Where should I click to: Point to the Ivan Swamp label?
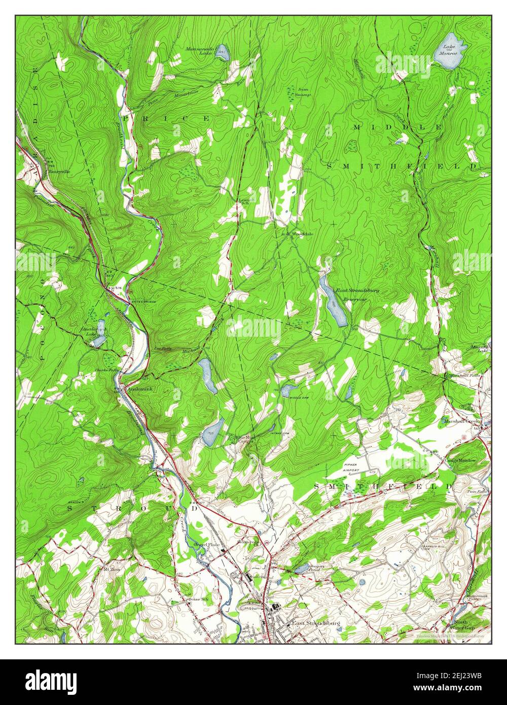coord(303,92)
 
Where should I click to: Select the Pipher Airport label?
coord(351,467)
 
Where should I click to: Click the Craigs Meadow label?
coord(461,460)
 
